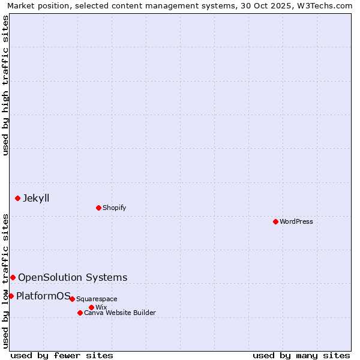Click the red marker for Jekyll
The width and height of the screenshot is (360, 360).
coord(17,198)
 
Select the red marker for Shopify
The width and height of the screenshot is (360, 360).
coord(98,208)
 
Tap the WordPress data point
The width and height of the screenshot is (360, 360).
coord(275,221)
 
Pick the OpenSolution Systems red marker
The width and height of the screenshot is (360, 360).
coord(13,277)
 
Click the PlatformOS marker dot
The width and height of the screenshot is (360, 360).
coord(11,296)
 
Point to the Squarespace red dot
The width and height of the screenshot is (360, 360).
coord(72,299)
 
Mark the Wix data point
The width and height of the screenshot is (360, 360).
coord(91,307)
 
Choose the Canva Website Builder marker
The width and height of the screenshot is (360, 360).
coord(80,313)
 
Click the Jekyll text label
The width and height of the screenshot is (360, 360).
coord(36,198)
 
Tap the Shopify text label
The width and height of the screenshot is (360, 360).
coord(114,208)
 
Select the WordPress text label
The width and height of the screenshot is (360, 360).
coord(296,221)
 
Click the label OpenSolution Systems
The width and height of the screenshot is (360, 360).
coord(73,277)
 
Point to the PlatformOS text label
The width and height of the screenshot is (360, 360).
coord(43,296)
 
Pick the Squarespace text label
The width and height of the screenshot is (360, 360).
coord(97,299)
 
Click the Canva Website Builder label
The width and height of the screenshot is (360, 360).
coord(119,313)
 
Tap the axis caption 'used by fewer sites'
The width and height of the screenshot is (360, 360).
coord(62,355)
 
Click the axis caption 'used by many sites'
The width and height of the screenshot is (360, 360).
coord(301,355)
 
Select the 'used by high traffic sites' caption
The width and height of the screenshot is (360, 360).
coord(5,85)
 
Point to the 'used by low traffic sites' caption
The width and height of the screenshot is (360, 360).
coord(5,281)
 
